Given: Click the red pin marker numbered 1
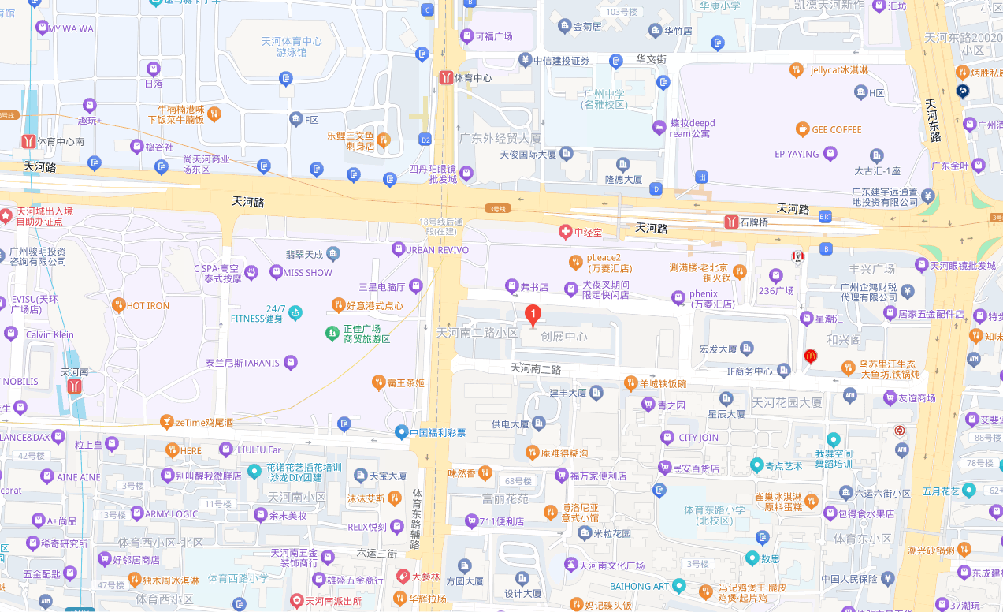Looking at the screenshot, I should [x=533, y=315].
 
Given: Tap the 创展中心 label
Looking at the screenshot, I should [x=563, y=337].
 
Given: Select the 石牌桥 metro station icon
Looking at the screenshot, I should [x=730, y=222].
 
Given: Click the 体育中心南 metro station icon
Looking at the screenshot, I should [x=28, y=141].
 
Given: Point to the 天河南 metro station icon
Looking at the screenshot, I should [x=74, y=386].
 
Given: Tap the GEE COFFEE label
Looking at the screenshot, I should [x=837, y=129].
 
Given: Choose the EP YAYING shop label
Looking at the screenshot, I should [x=797, y=155].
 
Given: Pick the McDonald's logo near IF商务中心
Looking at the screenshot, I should [x=810, y=356].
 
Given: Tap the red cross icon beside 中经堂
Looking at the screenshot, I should [x=564, y=232].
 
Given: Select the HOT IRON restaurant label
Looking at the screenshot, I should [x=147, y=304].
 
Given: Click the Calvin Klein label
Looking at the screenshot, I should [x=50, y=334].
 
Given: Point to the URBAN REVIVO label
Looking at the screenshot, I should [x=437, y=250].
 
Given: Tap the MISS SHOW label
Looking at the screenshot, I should [x=307, y=272].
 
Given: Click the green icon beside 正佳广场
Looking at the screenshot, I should [x=332, y=333].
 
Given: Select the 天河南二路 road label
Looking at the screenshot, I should [x=536, y=368].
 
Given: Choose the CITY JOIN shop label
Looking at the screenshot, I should [x=698, y=438].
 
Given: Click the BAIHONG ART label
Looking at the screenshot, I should [x=639, y=586].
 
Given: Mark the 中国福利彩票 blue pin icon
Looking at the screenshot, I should [x=402, y=431].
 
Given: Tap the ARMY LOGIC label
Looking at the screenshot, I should [x=172, y=513].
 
